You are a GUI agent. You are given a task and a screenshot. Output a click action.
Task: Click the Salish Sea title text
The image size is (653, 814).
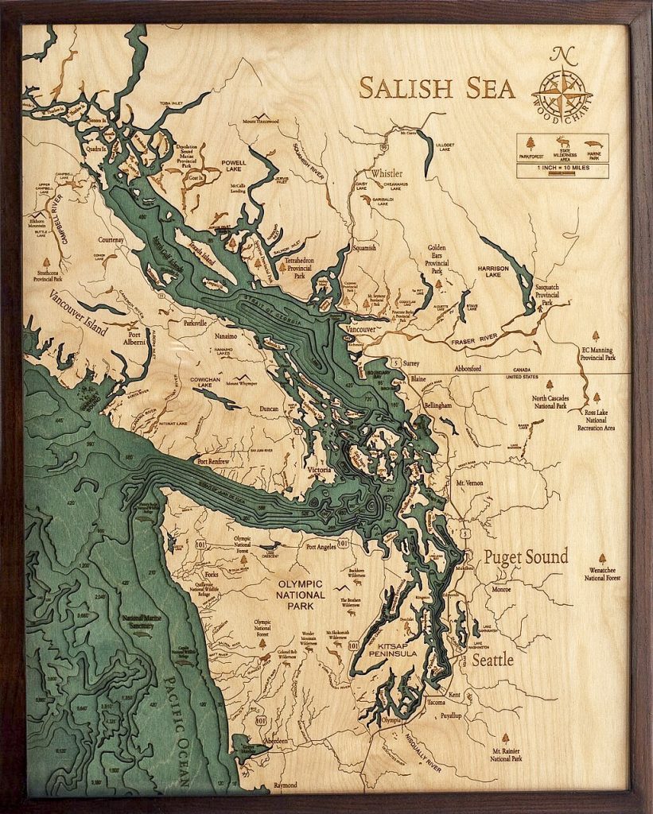(437, 87)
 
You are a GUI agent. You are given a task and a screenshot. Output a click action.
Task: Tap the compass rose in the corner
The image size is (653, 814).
(566, 83)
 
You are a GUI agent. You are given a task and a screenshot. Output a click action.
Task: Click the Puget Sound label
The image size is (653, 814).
(526, 556)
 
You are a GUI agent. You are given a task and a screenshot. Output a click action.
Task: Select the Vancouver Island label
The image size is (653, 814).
(77, 312)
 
